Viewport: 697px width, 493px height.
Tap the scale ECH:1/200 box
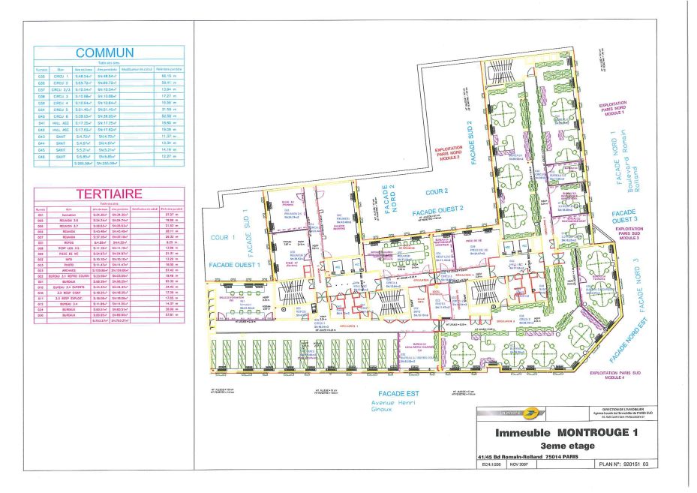[492, 465]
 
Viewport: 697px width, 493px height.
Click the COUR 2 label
[436, 191]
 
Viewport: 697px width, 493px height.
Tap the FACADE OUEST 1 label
[235, 265]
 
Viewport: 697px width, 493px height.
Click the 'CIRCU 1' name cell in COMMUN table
[61, 76]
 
